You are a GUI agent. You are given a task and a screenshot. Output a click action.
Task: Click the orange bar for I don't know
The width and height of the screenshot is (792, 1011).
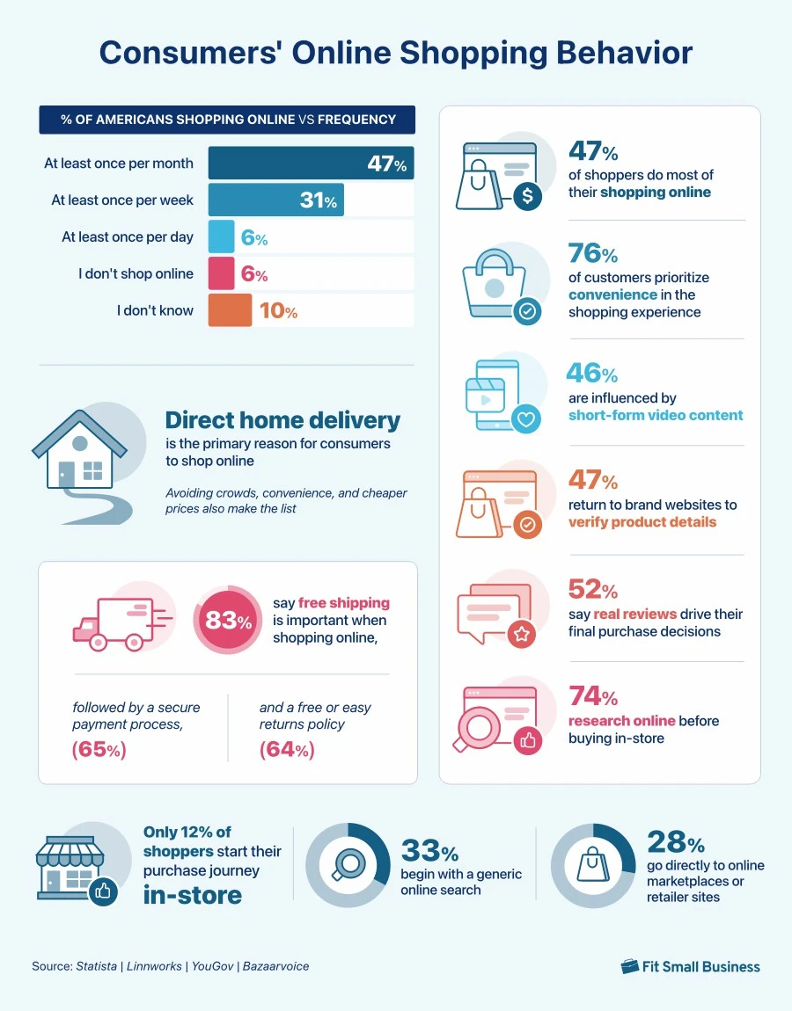point(230,310)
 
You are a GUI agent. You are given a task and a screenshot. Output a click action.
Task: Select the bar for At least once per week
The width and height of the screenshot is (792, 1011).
point(275,200)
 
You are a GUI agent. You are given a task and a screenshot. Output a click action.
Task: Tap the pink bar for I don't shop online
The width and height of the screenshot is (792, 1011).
point(221,273)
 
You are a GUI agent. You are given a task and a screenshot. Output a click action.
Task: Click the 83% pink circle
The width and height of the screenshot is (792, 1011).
point(228,621)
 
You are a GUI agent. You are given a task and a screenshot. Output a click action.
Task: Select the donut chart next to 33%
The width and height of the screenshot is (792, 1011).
point(348,865)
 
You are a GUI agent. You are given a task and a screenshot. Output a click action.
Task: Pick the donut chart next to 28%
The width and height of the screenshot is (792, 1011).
point(593,865)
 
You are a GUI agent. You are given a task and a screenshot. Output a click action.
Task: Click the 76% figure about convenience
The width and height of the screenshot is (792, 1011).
point(593,254)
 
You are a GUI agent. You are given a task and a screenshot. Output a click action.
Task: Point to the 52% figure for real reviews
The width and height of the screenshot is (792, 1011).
point(593,590)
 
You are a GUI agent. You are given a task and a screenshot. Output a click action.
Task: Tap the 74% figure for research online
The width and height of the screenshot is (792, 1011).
point(593,697)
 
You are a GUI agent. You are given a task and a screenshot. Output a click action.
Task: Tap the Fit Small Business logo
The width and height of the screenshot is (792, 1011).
point(690,966)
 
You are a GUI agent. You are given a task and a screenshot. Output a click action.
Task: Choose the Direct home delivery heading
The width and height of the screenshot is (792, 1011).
point(282,420)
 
